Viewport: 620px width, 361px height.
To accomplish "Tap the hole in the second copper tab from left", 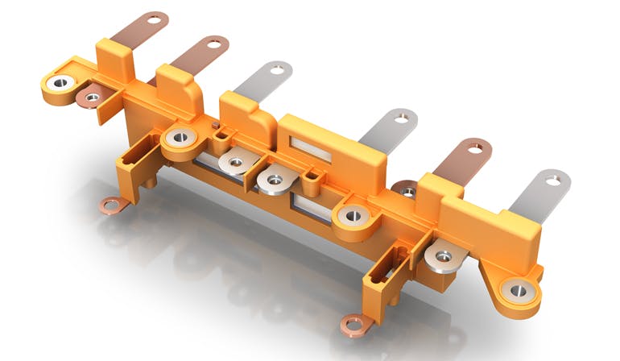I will coord(214,43).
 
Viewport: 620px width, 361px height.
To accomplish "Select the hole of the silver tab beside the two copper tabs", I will coord(276,70).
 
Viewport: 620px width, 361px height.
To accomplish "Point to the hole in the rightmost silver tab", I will coord(552,180).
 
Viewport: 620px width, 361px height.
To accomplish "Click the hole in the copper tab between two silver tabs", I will coord(477,148).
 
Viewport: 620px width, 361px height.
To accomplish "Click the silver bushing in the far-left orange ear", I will coord(60,83).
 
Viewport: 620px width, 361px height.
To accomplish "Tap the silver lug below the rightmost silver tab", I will coord(443,256).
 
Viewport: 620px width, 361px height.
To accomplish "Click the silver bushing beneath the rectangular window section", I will coord(353,215).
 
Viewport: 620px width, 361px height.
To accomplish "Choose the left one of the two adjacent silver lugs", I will coord(234,163).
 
